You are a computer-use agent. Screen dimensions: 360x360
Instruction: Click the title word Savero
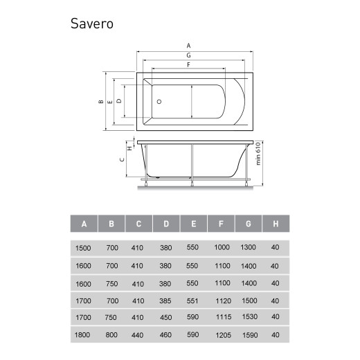(x=91, y=24)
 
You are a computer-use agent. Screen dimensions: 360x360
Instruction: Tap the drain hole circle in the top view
(x=159, y=101)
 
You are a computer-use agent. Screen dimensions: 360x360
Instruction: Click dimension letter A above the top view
(x=190, y=46)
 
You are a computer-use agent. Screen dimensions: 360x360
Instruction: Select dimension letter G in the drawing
(x=190, y=55)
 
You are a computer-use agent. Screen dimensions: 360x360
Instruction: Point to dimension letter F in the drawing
(x=189, y=64)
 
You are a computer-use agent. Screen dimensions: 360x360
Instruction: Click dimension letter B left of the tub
(x=101, y=101)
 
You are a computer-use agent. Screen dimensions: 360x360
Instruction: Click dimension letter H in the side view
(x=129, y=148)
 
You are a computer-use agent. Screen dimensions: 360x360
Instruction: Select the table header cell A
(x=84, y=224)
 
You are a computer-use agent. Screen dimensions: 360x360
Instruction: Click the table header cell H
(x=275, y=224)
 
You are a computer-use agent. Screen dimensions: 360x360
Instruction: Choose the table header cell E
(x=193, y=224)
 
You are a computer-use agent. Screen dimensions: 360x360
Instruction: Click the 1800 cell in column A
(x=82, y=334)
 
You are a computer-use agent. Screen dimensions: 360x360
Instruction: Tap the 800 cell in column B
(x=111, y=334)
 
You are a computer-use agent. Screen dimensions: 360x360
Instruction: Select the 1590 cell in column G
(x=248, y=334)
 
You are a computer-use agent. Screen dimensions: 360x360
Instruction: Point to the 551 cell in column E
(x=193, y=300)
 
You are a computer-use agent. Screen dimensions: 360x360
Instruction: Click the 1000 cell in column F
(x=221, y=247)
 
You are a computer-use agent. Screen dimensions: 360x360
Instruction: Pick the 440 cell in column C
(x=138, y=334)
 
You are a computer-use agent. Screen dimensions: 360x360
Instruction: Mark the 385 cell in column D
(x=165, y=300)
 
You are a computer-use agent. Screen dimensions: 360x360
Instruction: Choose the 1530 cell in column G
(x=248, y=317)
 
